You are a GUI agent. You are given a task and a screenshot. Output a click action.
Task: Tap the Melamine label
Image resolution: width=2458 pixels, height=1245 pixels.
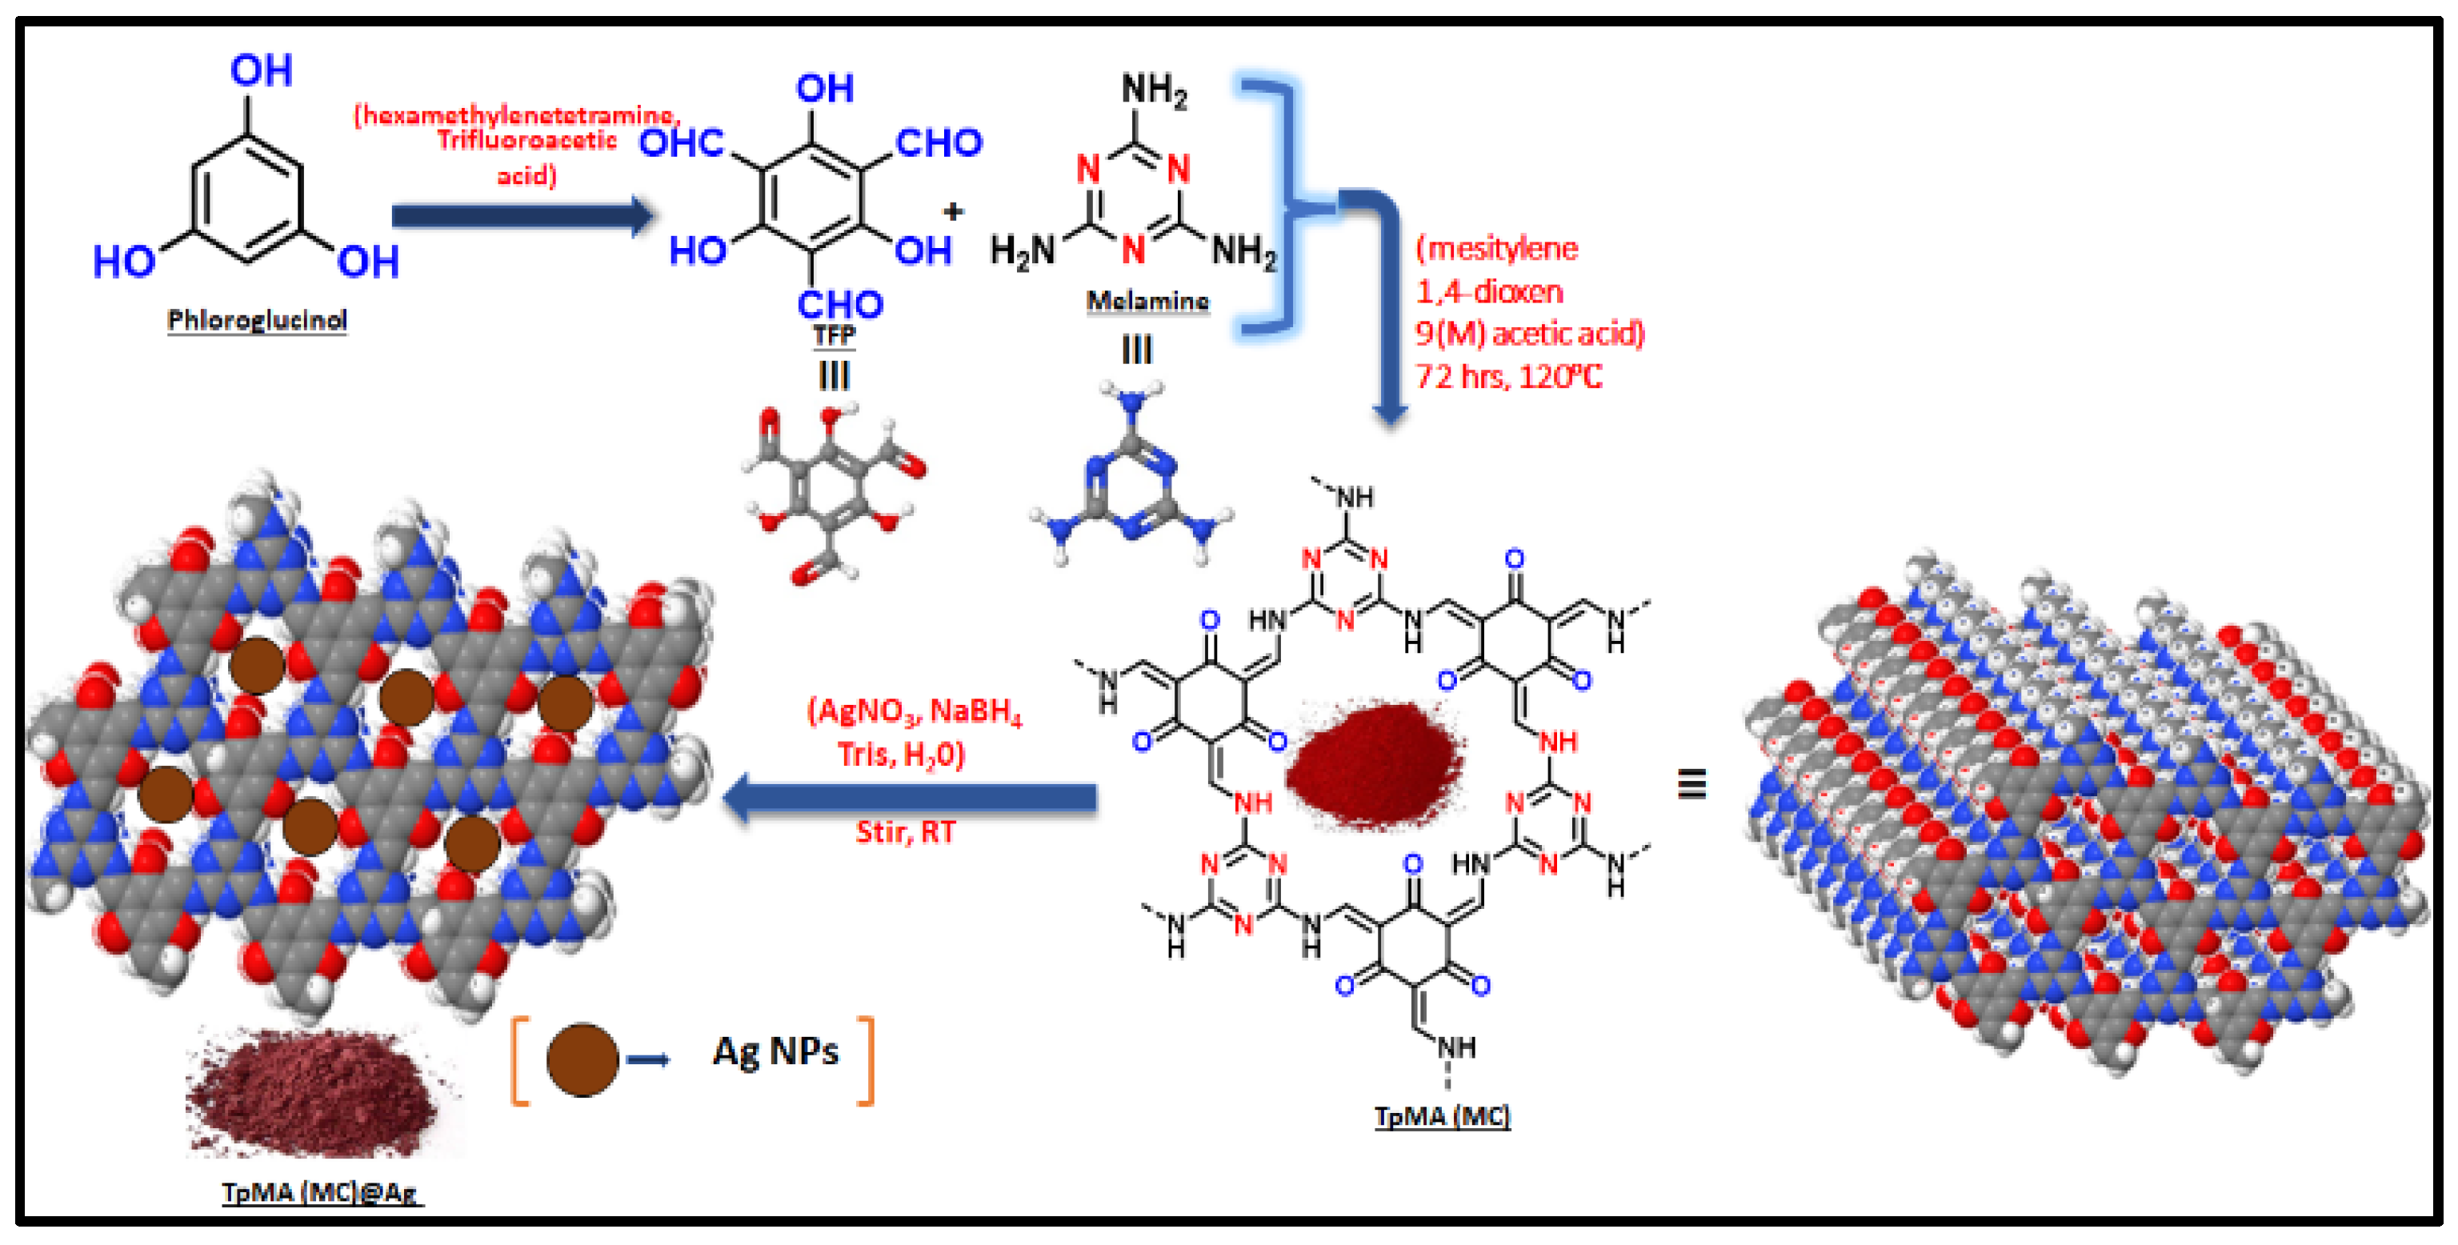coord(1148,302)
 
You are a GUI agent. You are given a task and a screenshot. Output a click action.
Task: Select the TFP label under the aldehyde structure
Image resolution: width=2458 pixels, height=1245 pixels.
coord(834,335)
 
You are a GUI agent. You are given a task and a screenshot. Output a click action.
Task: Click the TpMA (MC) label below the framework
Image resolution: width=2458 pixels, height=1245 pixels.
coord(1442,1116)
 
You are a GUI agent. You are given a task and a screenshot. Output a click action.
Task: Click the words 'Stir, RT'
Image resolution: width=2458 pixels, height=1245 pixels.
coord(905,832)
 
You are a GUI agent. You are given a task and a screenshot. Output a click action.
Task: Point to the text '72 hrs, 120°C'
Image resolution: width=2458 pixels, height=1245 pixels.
coord(1508,377)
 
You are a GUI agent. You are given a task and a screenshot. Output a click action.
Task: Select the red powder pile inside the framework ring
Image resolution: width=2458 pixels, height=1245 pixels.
coord(1375,764)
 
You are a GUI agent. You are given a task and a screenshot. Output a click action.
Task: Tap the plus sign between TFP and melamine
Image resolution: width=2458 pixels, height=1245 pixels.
coord(952,211)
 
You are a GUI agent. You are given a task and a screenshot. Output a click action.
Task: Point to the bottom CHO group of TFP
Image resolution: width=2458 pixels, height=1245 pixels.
coord(839,304)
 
